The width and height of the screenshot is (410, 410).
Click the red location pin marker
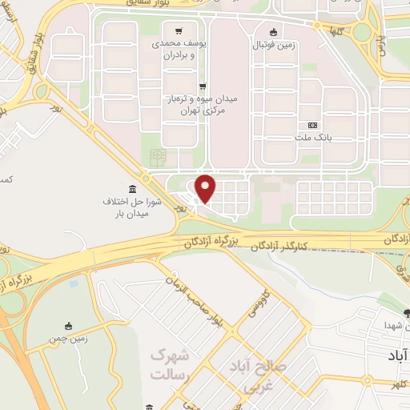[x=207, y=188]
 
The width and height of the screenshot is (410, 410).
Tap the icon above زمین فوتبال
[x=274, y=32]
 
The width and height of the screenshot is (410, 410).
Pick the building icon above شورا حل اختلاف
[x=131, y=188]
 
